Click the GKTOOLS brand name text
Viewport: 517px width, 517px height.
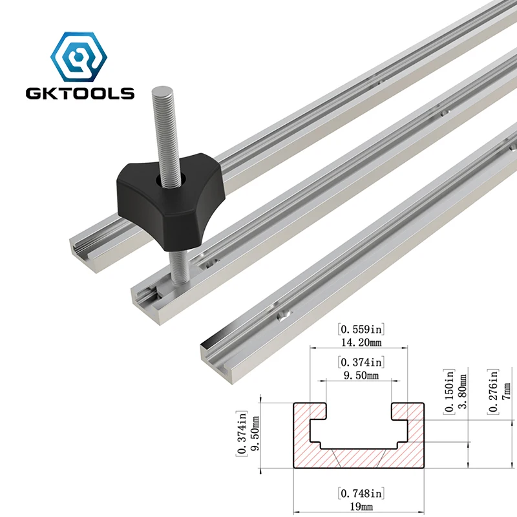(80, 92)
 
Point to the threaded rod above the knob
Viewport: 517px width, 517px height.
(162, 129)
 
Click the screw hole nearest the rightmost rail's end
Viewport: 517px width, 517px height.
(282, 314)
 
